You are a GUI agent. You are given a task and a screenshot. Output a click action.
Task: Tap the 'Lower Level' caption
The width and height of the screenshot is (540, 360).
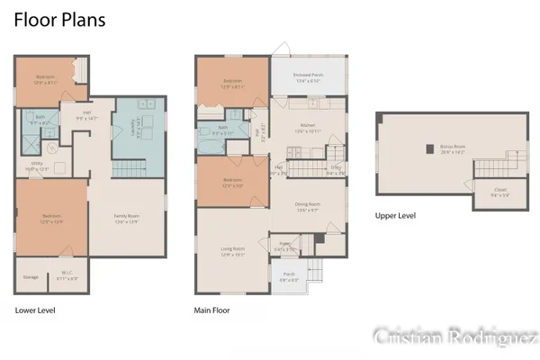point(35,310)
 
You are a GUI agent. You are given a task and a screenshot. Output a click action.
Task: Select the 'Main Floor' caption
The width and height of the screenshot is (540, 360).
point(213,310)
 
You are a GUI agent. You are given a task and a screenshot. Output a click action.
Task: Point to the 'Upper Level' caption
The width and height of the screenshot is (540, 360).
point(396,216)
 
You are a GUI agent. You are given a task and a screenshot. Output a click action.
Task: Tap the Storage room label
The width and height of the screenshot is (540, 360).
point(31,277)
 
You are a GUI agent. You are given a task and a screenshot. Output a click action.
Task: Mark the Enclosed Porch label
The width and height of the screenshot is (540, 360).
point(310,78)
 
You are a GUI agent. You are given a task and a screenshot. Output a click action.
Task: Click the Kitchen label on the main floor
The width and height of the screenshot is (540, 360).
point(308,128)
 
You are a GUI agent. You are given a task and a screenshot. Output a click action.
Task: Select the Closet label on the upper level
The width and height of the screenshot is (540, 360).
point(501,192)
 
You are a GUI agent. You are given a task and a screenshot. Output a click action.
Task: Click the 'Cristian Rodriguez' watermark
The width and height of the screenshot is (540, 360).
point(454,336)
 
